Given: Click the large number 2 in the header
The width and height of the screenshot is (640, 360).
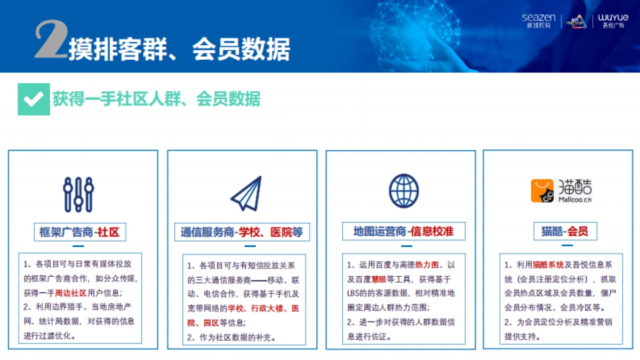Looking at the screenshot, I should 50,40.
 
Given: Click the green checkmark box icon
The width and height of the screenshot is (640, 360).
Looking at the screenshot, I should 34,99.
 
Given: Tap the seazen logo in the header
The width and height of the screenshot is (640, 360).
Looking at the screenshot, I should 539,21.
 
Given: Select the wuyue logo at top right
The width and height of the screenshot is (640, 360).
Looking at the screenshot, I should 613,21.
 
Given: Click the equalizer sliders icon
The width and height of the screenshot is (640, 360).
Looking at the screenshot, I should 78,194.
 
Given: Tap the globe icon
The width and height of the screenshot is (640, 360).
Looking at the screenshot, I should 404,191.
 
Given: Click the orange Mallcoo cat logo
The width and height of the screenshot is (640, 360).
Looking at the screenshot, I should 542,191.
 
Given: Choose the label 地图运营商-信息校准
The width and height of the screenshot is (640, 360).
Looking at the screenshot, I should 403,231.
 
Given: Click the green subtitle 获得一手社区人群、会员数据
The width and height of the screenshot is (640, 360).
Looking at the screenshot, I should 156,99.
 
